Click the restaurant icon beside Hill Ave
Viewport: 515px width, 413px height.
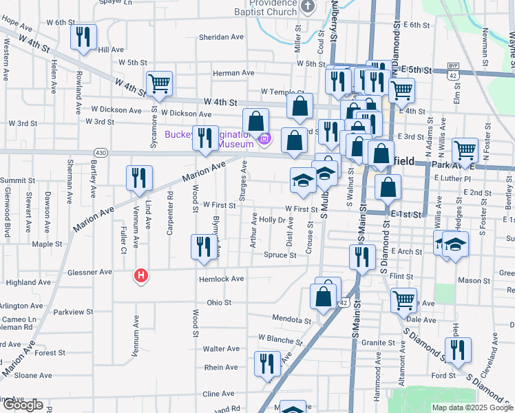click(x=83, y=37)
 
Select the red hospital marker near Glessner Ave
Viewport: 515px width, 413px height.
click(x=141, y=276)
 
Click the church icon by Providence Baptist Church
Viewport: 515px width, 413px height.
click(x=308, y=7)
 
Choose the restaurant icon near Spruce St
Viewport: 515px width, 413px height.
click(x=204, y=247)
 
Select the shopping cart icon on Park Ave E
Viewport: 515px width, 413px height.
click(x=465, y=149)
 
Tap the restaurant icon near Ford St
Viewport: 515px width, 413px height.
click(x=457, y=350)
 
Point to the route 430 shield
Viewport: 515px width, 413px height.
click(x=101, y=152)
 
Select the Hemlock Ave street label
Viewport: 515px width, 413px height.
click(x=222, y=279)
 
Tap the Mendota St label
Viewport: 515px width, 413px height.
click(x=292, y=320)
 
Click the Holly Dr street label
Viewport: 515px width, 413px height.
click(x=272, y=220)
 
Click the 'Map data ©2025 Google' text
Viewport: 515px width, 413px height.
click(x=472, y=407)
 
